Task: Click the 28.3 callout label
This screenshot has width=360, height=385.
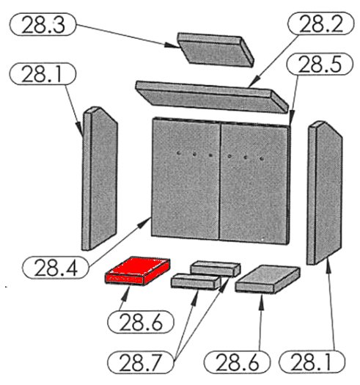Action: coord(43,24)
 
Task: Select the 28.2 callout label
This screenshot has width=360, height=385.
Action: coord(320,23)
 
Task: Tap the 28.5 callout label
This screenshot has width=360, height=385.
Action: coord(320,64)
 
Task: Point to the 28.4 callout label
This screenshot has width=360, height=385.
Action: coord(56,267)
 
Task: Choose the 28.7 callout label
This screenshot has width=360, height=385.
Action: coord(141,362)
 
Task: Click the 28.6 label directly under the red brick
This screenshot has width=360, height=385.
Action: coord(141,322)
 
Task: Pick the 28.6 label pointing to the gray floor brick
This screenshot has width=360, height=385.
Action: coord(238,362)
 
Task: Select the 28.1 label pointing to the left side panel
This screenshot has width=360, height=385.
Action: coord(43,73)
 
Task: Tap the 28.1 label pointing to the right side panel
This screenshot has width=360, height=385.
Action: coord(312,362)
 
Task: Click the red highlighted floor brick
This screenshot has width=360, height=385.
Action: coord(138,271)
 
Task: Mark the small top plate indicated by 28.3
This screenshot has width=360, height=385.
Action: coord(216,49)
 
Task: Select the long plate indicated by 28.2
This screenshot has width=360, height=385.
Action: coord(212,98)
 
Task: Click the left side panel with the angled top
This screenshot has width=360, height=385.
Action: coord(100,178)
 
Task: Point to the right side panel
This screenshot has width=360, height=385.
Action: coord(324,193)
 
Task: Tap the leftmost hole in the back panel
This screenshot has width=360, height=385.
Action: coord(179,153)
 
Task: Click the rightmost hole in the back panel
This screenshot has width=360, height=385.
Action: coord(262,159)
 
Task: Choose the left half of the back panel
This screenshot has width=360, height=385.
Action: coord(185,178)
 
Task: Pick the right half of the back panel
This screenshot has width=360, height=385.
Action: coord(255,184)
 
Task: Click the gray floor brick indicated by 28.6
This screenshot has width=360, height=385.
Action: coord(268,279)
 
